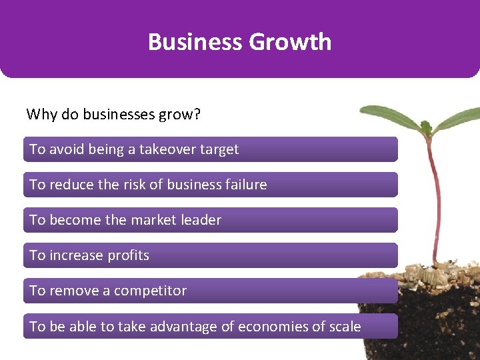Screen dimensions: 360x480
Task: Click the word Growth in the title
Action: pos(290,42)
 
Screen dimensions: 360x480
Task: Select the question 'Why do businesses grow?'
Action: pos(113,114)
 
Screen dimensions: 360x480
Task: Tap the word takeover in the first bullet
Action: pos(167,149)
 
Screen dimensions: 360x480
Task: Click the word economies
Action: pos(271,327)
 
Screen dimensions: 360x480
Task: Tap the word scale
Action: pos(343,327)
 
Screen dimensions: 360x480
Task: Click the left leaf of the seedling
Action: pos(391,118)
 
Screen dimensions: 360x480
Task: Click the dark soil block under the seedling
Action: pos(427,320)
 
